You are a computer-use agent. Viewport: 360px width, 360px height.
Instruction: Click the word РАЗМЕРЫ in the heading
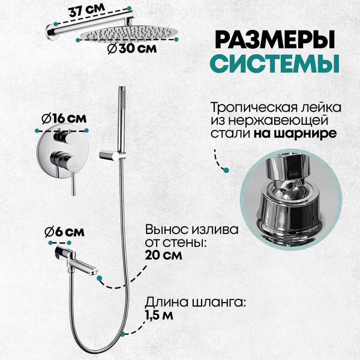pos(275,40)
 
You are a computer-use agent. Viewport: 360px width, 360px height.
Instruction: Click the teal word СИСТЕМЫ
pos(275,64)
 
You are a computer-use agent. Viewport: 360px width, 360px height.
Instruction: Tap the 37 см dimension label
pos(86,10)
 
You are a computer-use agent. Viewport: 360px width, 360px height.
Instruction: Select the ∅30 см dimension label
pos(132,49)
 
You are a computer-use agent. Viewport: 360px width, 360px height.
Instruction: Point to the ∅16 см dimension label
pos(64,119)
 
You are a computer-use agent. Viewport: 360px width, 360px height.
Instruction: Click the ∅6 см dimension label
pos(65,232)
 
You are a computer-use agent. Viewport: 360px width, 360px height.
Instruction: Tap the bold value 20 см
pos(163,255)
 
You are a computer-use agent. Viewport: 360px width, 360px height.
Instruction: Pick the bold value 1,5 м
pos(158,316)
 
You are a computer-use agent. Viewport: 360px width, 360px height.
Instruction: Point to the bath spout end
pos(93,272)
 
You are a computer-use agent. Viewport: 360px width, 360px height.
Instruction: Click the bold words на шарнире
pos(295,134)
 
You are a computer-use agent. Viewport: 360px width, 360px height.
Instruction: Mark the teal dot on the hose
pos(123,335)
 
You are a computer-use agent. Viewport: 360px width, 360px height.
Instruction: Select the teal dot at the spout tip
pos(99,278)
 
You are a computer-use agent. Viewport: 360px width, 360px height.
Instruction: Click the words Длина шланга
pos(195,302)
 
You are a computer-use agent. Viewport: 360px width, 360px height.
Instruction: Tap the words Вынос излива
pos(191,230)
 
